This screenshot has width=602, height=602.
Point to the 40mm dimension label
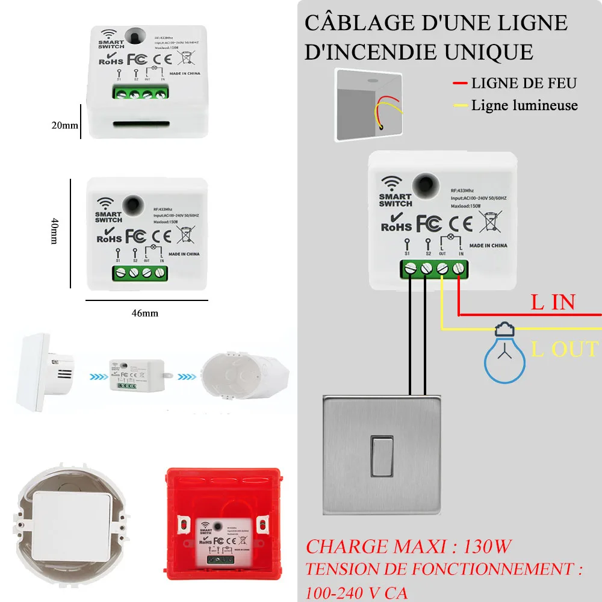[x=55, y=231]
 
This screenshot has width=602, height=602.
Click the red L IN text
[x=553, y=302]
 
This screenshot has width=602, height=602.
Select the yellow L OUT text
[x=565, y=349]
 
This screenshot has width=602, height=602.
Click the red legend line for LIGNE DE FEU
[x=460, y=84]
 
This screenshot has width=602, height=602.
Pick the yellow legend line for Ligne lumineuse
[x=460, y=107]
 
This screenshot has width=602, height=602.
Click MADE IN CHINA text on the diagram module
[x=488, y=246]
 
